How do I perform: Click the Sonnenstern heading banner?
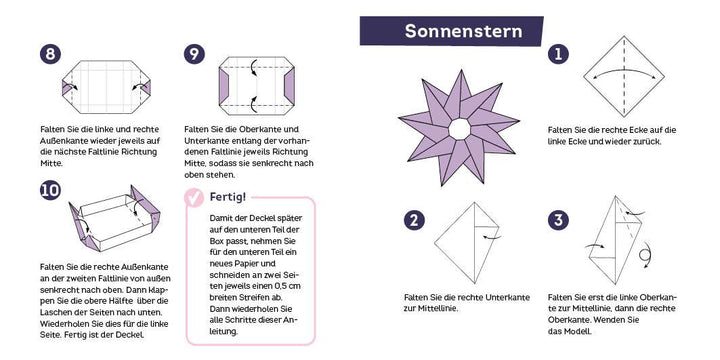pyautogui.click(x=463, y=31)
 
